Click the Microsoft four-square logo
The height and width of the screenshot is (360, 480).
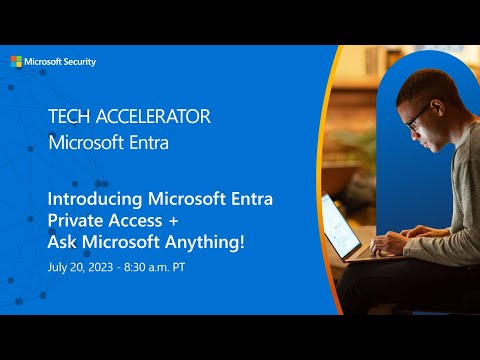16,61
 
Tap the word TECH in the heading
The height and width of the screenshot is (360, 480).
68,116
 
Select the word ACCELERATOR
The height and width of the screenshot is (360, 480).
151,116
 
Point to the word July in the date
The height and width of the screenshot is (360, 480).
59,268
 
